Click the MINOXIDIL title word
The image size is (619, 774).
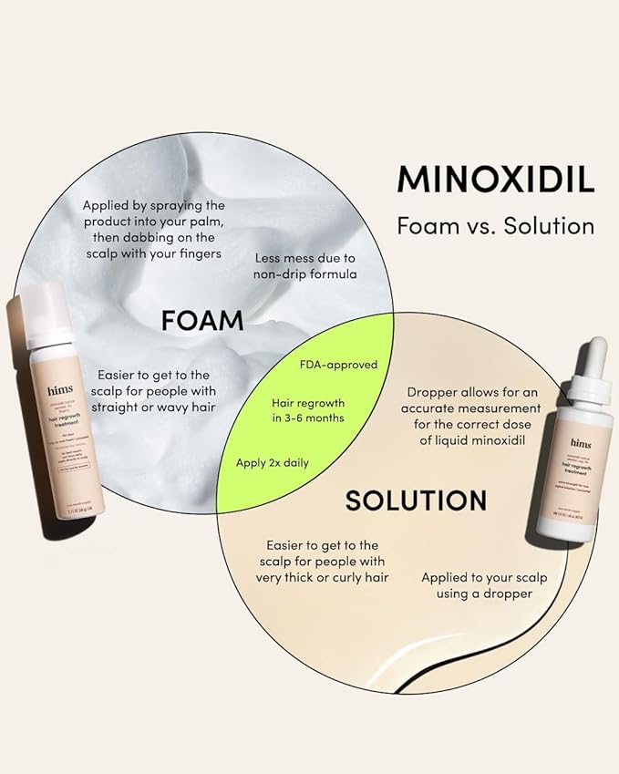click(495, 180)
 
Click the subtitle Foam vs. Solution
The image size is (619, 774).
click(495, 224)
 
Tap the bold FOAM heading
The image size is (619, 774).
click(202, 320)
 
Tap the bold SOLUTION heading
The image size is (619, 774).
click(415, 500)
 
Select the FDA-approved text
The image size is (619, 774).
click(338, 365)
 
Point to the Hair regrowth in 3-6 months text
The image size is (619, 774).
click(308, 409)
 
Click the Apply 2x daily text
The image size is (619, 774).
click(272, 462)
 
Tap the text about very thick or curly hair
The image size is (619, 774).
click(320, 560)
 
